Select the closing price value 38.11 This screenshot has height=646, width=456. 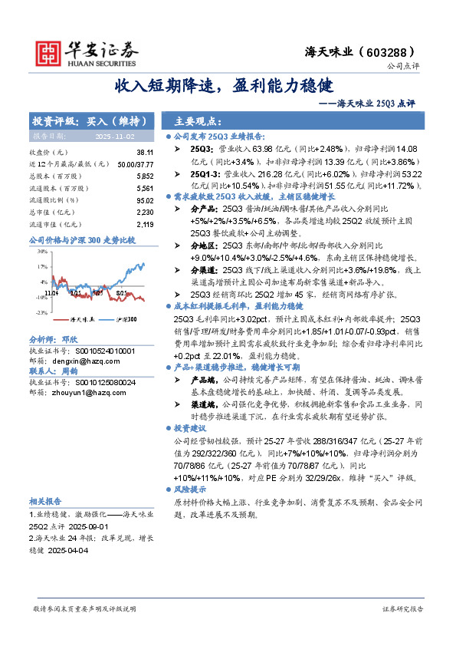[144, 153]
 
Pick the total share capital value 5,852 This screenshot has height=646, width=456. [143, 176]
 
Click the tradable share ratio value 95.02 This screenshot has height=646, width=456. [143, 199]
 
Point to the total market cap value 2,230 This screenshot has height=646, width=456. [143, 212]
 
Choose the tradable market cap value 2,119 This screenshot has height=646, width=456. [143, 224]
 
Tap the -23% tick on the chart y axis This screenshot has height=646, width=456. [42, 312]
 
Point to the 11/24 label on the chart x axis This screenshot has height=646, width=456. [51, 292]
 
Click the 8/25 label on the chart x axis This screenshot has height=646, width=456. [121, 292]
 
